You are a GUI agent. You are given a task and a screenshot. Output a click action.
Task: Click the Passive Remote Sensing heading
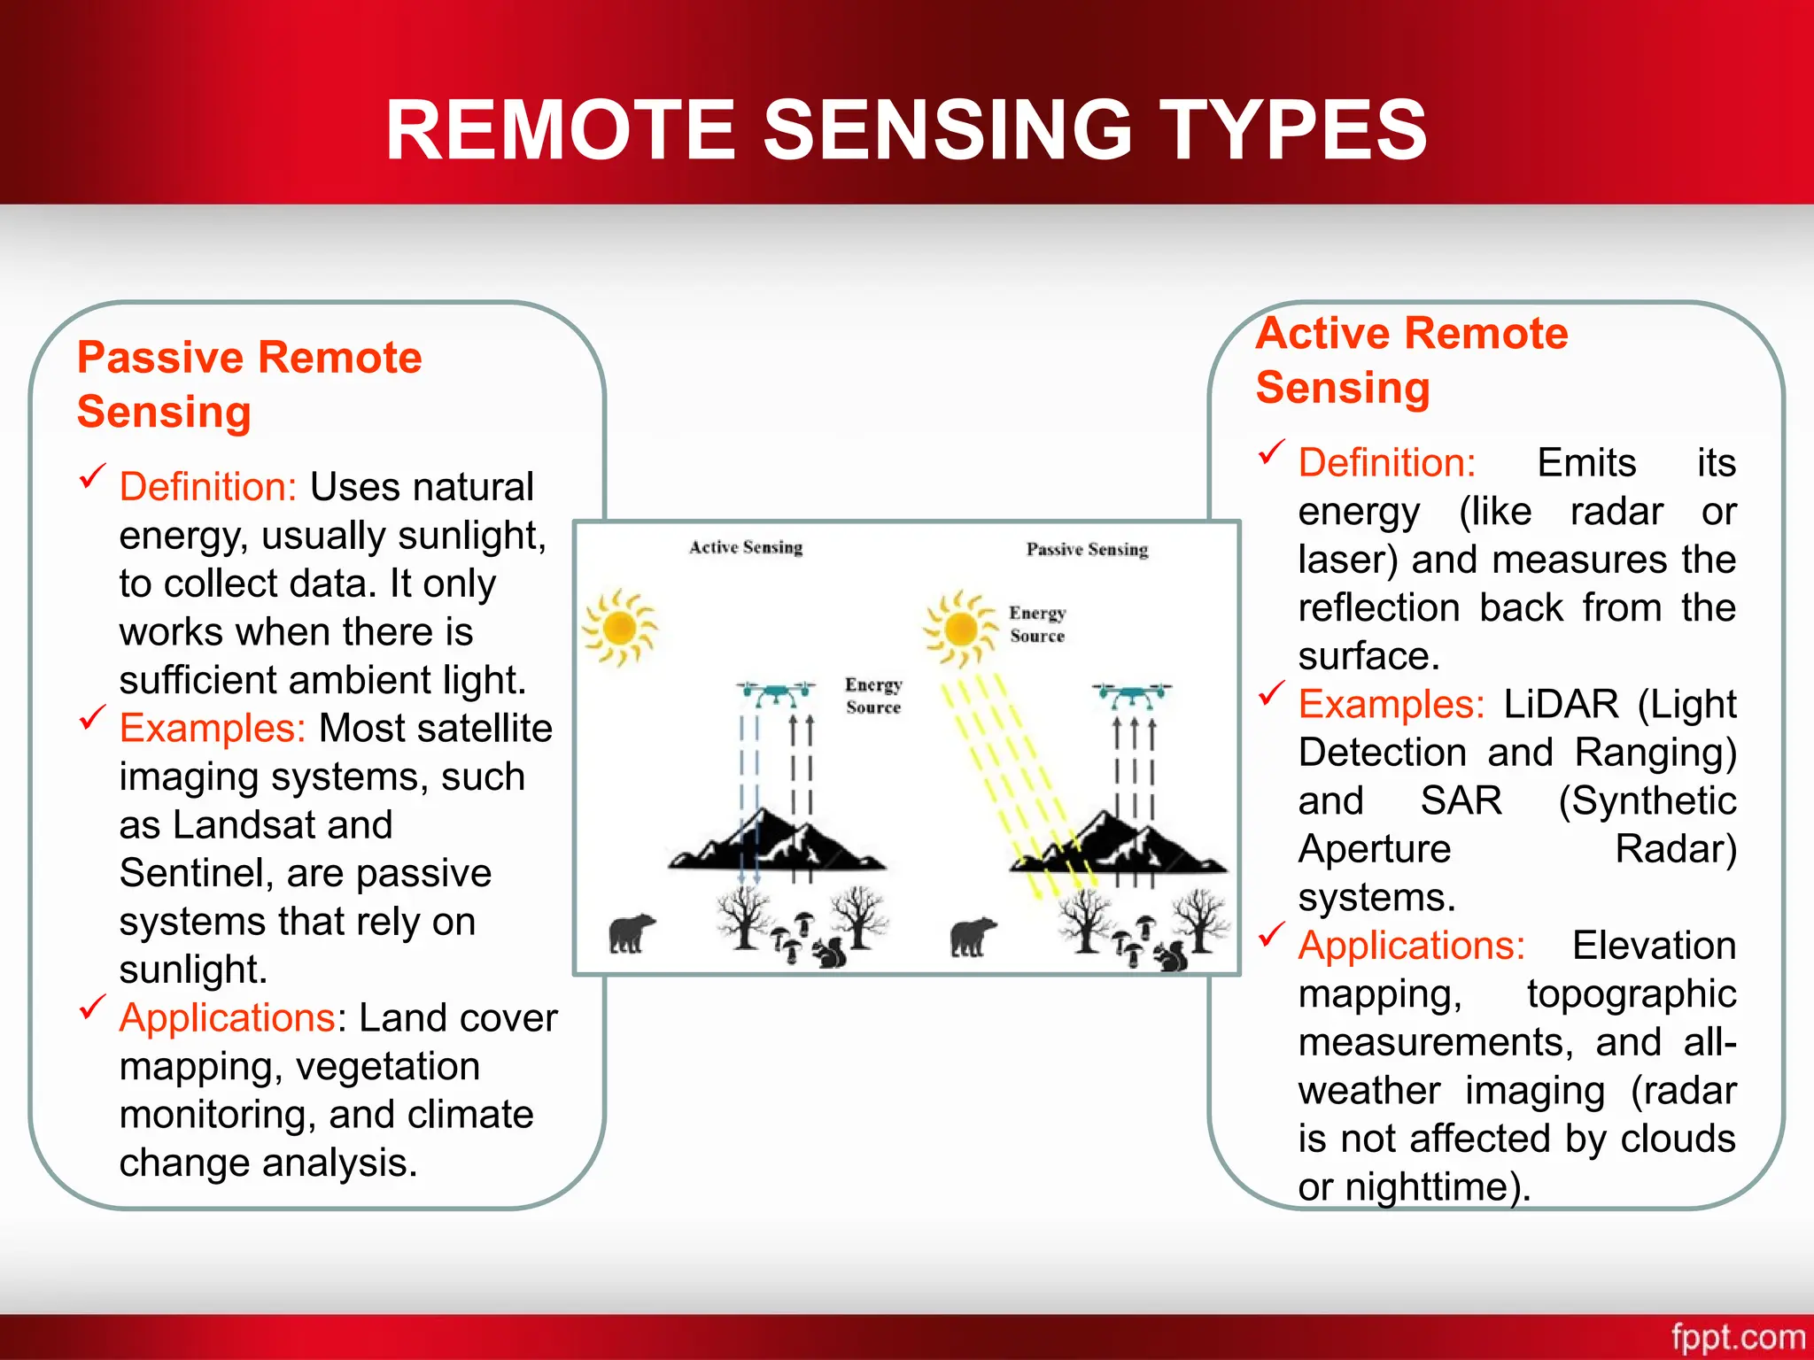coord(250,384)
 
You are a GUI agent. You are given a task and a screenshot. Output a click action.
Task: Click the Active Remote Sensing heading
coord(1412,360)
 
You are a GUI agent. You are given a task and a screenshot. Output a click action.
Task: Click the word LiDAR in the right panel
coord(1561,705)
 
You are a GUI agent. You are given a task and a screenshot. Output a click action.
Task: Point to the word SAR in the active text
coord(1461,801)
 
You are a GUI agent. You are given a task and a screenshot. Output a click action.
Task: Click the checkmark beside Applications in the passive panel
coord(92,1008)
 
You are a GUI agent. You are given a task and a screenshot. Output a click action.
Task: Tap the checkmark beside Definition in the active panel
coord(1271,452)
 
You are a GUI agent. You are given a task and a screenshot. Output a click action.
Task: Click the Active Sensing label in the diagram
coord(746,547)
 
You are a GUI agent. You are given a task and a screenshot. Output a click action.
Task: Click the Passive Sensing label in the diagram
coord(1087,550)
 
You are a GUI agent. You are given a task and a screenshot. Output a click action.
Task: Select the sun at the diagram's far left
coord(619,628)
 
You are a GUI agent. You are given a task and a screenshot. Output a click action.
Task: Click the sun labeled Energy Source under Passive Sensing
coord(959,630)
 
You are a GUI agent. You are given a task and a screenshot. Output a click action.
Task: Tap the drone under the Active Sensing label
coord(777,693)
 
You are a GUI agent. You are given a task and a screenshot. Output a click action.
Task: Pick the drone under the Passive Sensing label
coord(1132,695)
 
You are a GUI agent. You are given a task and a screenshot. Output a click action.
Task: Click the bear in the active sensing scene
coord(631,934)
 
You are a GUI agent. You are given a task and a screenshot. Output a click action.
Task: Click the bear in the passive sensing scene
coord(972,937)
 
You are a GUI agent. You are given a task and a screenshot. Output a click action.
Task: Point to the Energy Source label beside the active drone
coord(873,696)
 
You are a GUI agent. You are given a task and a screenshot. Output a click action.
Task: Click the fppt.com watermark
coord(1738,1337)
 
